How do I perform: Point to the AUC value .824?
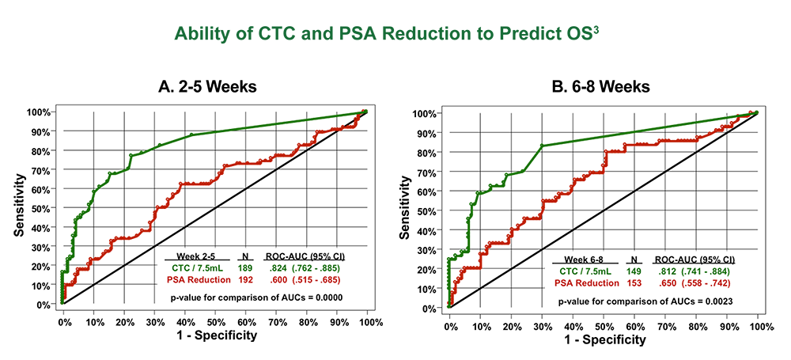[274, 269]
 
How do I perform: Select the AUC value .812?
[664, 271]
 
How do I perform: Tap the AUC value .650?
[664, 283]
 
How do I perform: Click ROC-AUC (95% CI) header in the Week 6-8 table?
[694, 260]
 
